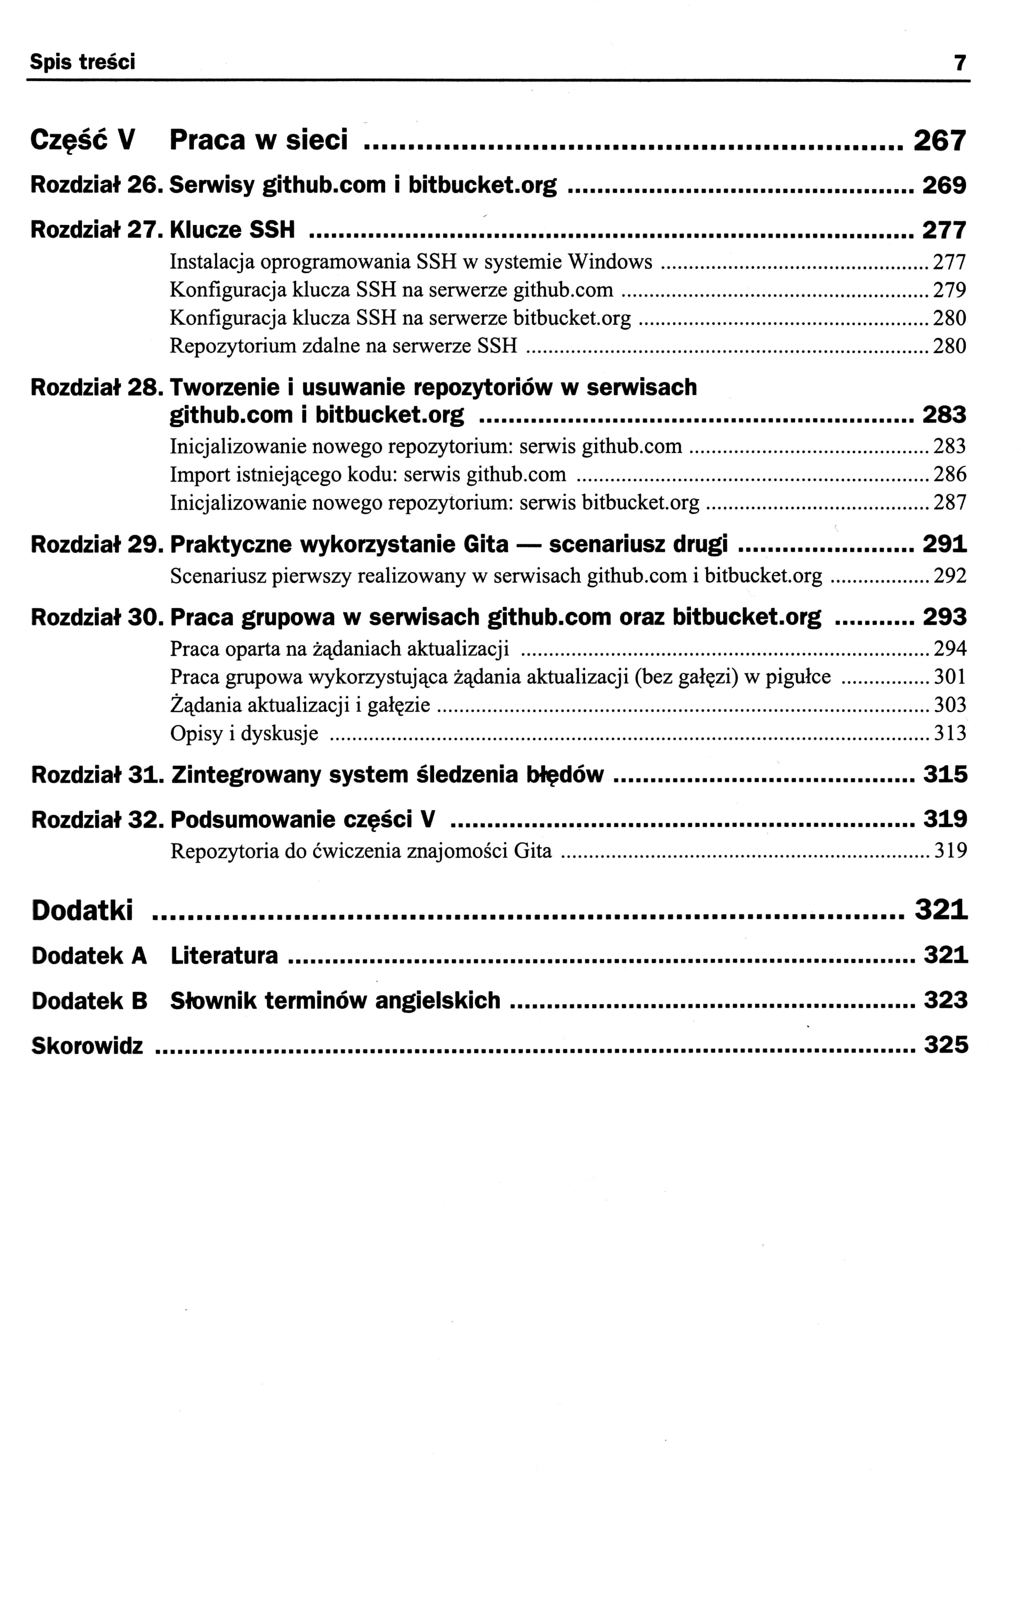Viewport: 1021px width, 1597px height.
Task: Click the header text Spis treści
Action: click(x=82, y=62)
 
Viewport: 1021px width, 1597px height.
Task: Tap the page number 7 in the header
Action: click(x=959, y=63)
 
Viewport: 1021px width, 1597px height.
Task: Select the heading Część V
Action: click(x=83, y=141)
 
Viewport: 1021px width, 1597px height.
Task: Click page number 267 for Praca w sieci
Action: click(x=940, y=141)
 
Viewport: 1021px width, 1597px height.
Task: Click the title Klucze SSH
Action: click(x=233, y=230)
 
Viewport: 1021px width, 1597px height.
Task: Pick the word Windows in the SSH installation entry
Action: click(x=610, y=262)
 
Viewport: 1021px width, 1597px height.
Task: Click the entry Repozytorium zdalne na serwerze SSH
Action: click(x=343, y=346)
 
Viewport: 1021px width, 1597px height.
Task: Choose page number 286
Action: click(x=949, y=475)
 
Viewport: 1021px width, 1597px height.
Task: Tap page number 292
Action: click(x=949, y=576)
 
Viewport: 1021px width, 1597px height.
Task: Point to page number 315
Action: click(x=945, y=775)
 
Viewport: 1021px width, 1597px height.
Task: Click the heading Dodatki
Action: click(x=82, y=910)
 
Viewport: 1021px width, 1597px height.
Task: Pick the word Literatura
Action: click(x=224, y=956)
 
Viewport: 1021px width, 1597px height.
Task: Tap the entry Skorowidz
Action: click(x=88, y=1046)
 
